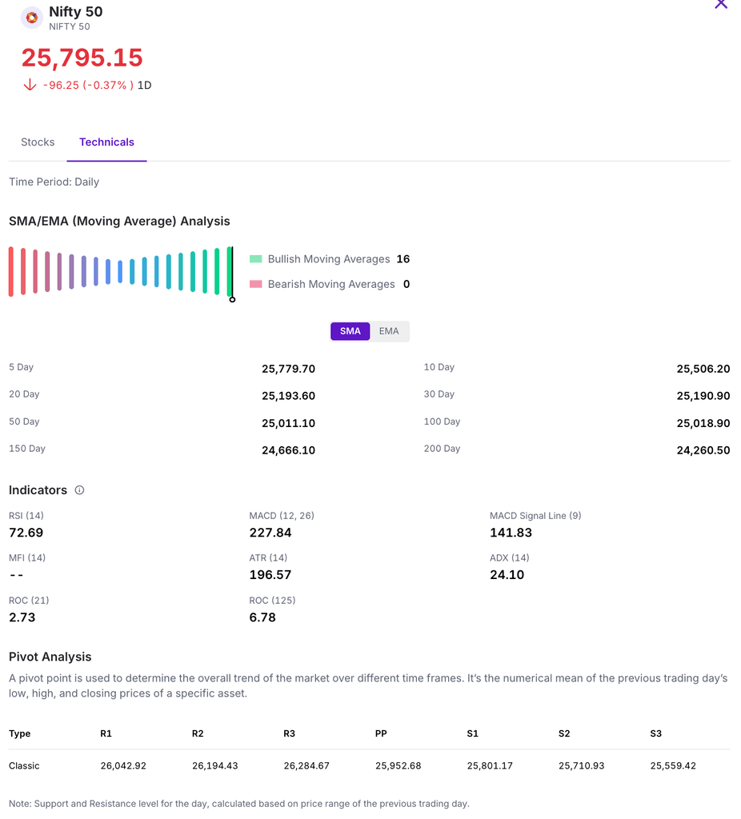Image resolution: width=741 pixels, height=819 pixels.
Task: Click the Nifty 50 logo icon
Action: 31,17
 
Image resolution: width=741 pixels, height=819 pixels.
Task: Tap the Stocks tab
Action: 38,142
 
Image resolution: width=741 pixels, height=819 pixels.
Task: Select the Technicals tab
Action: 106,142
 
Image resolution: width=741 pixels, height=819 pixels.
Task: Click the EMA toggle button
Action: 389,331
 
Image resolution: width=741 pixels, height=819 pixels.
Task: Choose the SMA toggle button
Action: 350,331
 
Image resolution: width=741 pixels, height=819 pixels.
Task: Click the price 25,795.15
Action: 82,58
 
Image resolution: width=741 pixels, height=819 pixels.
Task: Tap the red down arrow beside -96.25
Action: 30,85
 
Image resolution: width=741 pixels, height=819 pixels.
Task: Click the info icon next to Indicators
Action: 79,490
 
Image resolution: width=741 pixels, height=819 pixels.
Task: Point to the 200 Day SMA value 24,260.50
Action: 703,450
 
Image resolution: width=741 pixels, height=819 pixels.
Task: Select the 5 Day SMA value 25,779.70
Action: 288,369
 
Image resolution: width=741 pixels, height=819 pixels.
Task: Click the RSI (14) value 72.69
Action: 26,533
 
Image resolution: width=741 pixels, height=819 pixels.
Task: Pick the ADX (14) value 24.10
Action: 507,575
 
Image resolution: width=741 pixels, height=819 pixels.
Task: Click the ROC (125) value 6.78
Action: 262,617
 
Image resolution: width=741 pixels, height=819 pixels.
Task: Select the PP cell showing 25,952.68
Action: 398,766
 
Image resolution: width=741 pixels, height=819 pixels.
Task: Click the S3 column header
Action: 656,733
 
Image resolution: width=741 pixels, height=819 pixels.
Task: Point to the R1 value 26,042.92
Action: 123,766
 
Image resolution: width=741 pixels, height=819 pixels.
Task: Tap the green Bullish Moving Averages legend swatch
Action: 256,259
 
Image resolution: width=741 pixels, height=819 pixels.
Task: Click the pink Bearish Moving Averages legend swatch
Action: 256,284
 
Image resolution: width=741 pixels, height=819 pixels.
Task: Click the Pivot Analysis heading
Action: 50,657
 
